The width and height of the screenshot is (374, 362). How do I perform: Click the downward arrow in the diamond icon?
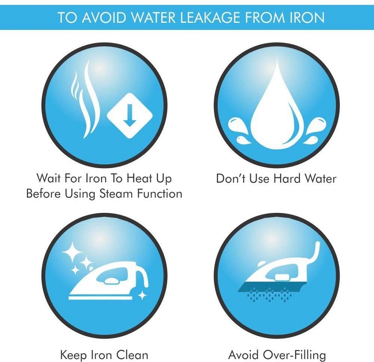pyautogui.click(x=130, y=115)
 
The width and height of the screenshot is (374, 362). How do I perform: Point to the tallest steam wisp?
pyautogui.click(x=90, y=100)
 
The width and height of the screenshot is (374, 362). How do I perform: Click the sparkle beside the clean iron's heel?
pyautogui.click(x=143, y=295)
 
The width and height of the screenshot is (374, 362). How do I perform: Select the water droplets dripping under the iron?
pyautogui.click(x=270, y=296)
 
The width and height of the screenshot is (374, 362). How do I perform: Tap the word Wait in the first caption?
pyautogui.click(x=49, y=178)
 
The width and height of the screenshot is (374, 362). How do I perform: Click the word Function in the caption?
pyautogui.click(x=160, y=193)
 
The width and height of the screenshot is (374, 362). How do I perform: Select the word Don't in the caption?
pyautogui.click(x=231, y=179)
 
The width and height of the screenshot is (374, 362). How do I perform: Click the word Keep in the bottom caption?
pyautogui.click(x=74, y=355)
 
